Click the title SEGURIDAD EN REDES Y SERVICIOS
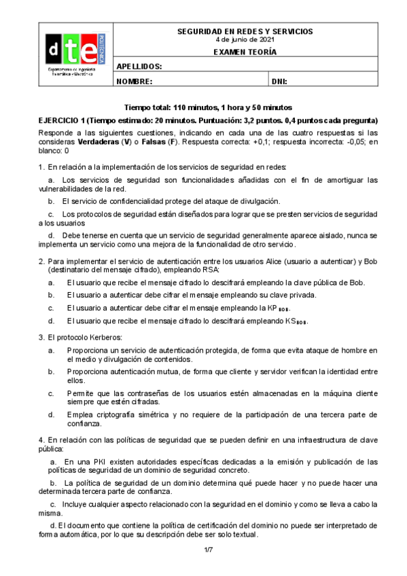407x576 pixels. (x=245, y=32)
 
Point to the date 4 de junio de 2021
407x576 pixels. (x=245, y=39)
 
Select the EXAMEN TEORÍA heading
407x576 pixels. (x=245, y=52)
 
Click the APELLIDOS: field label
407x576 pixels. (x=139, y=67)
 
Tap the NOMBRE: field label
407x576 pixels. (x=135, y=82)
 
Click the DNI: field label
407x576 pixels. (x=279, y=82)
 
